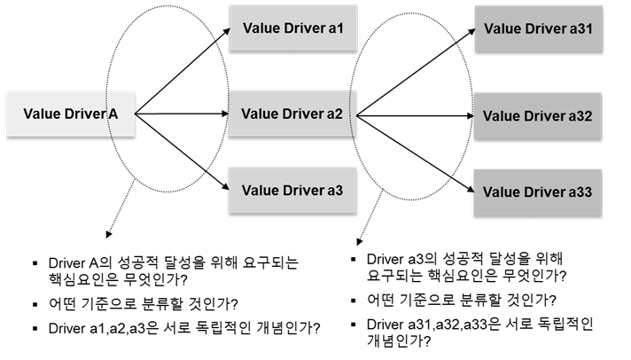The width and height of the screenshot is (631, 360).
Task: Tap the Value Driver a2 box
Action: coord(286,113)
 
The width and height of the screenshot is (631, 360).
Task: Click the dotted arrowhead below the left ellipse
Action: coord(108,236)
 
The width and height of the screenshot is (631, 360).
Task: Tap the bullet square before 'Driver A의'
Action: coord(33,263)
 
